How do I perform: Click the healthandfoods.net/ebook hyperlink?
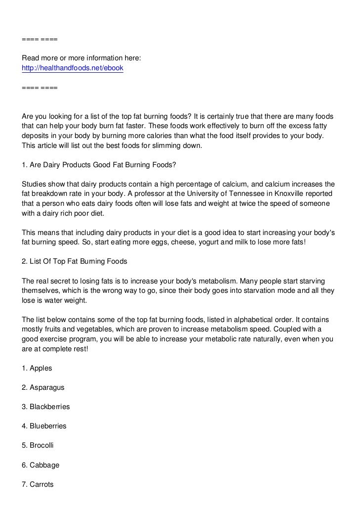[72, 68]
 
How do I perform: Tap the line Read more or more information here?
[82, 59]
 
